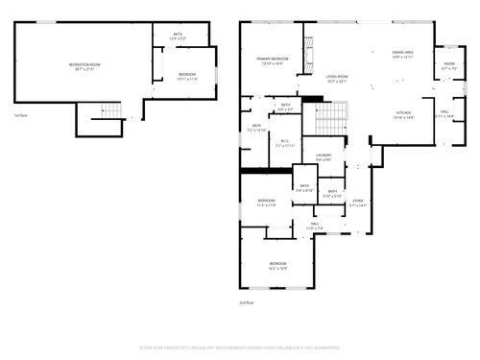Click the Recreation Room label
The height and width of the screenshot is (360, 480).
[x=84, y=66]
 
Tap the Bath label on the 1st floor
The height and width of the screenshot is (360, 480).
[x=178, y=36]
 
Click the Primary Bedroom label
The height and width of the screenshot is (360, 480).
[x=272, y=61]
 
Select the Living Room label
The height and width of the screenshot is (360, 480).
[x=336, y=78]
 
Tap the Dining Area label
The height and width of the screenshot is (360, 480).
[x=402, y=55]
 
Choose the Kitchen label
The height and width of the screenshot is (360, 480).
[x=403, y=114]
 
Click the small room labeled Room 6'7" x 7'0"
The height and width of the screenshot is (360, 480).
[x=448, y=66]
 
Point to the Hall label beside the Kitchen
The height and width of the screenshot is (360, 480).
[x=445, y=113]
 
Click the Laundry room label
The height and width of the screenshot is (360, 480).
[x=324, y=156]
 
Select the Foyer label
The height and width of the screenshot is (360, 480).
[x=358, y=203]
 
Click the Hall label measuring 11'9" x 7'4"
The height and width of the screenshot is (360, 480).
[x=315, y=227]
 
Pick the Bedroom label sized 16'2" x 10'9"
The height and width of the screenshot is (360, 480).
[x=277, y=265]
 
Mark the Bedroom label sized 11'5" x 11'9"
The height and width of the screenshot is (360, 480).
[x=266, y=203]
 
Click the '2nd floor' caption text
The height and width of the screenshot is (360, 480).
[x=246, y=302]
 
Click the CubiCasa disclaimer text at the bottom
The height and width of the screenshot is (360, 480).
[x=239, y=347]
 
